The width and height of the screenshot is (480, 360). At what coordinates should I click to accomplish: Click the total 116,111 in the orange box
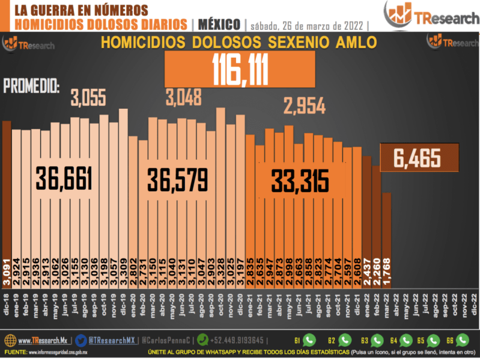point(239,70)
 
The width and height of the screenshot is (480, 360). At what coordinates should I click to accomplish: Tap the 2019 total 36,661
point(64,179)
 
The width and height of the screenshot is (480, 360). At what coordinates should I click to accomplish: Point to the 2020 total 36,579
point(179,179)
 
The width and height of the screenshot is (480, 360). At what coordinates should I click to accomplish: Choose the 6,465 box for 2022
point(418,158)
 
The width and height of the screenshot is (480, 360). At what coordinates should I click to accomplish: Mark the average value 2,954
point(305,107)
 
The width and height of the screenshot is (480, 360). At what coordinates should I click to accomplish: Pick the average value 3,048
point(184,97)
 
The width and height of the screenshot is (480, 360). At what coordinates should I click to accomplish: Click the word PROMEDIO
point(32,87)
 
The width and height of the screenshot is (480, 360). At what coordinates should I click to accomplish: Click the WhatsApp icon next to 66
point(463,339)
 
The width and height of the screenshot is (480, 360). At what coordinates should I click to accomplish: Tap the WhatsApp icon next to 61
point(309,339)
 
